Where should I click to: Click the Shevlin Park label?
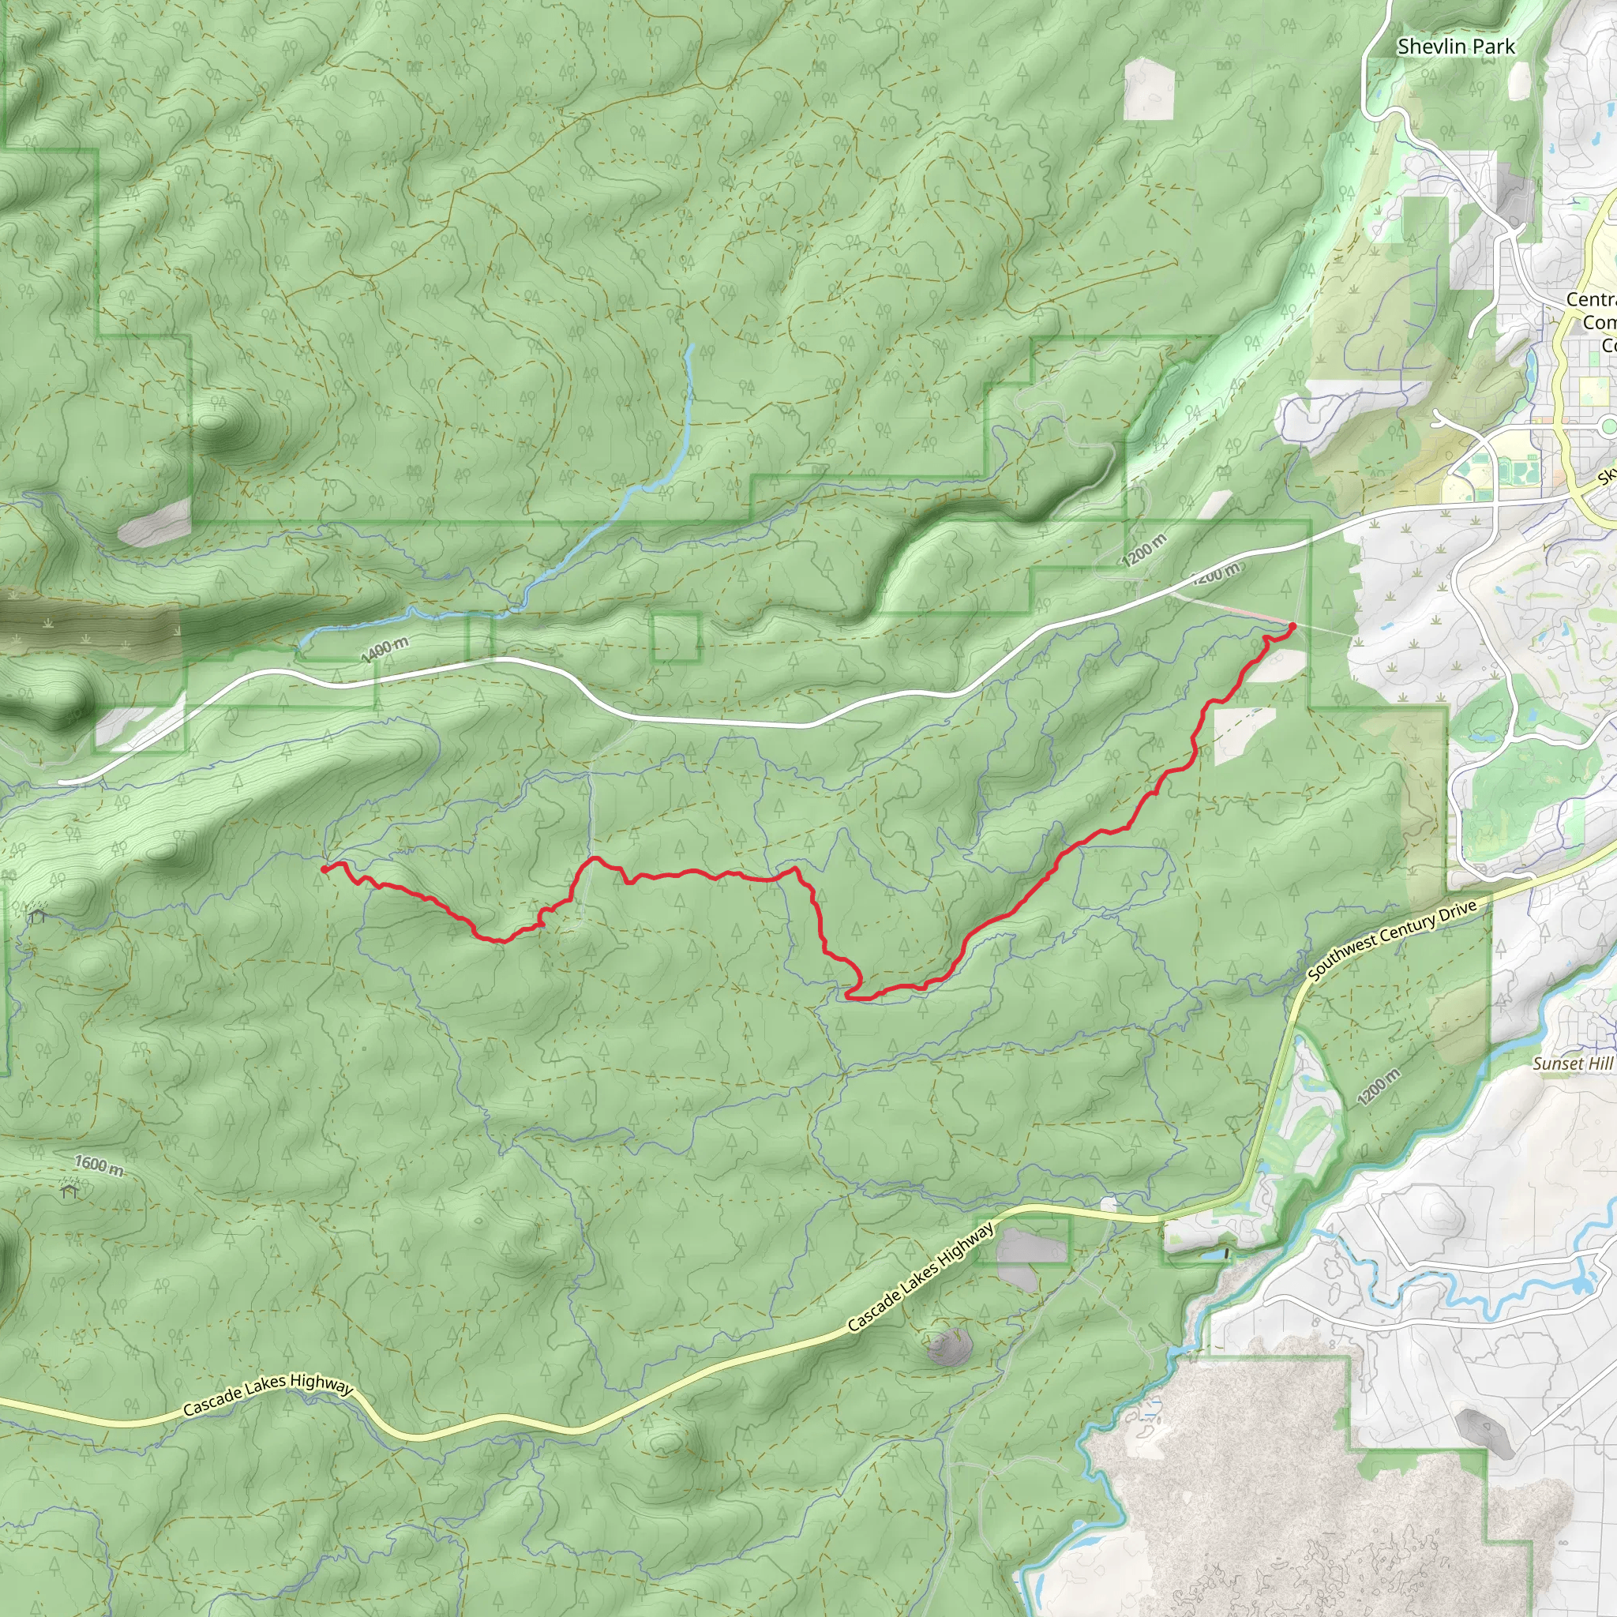[x=1455, y=47]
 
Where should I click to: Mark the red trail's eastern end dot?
[x=1292, y=626]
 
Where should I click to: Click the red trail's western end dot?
[x=324, y=869]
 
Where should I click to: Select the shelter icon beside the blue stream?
[x=36, y=916]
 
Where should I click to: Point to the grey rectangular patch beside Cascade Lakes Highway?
[x=1031, y=1246]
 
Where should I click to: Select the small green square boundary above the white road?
[x=675, y=637]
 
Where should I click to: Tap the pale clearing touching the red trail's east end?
[x=1278, y=666]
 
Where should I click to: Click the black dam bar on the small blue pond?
[x=1227, y=1254]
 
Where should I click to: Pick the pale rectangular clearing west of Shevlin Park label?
[x=1149, y=88]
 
